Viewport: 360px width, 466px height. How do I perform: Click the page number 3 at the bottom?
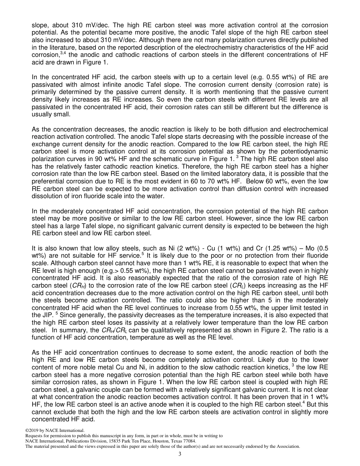[x=180, y=454]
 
